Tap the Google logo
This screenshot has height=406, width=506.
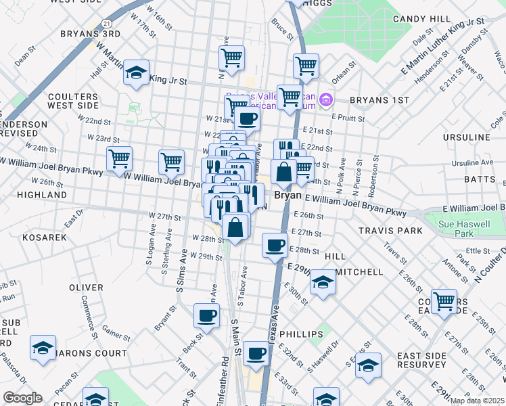(x=22, y=397)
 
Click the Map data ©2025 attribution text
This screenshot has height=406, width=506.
(x=478, y=401)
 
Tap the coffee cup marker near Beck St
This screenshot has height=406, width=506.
(x=207, y=315)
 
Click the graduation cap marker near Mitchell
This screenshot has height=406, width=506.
(x=323, y=282)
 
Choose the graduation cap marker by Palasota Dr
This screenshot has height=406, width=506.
(x=43, y=348)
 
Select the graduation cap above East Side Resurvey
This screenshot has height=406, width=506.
(x=368, y=365)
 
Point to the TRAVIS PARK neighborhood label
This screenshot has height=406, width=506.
(x=390, y=231)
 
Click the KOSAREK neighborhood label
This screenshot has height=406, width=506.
(x=45, y=238)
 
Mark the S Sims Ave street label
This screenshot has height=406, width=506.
(x=181, y=269)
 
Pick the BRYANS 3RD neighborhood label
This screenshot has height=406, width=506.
(x=90, y=33)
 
